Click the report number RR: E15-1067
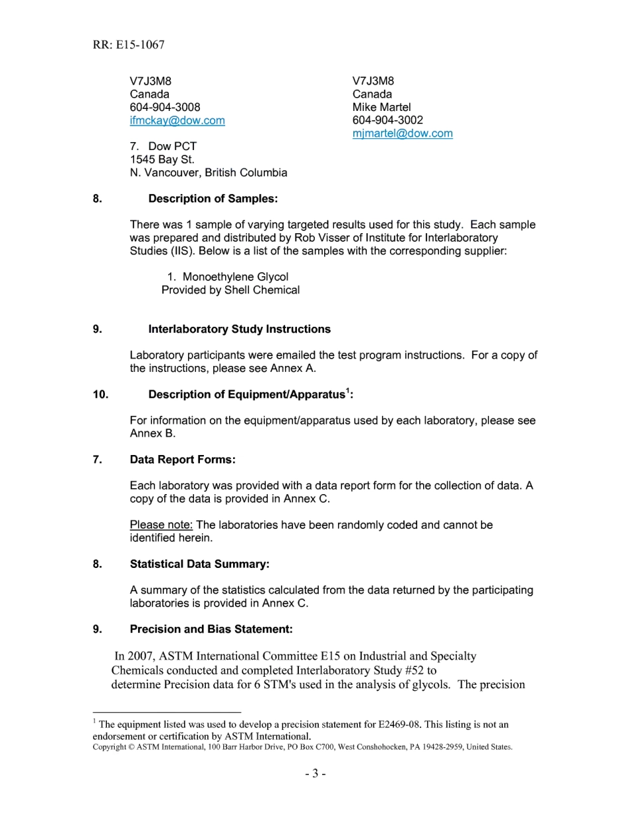[x=129, y=45]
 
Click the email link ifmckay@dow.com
[x=177, y=120]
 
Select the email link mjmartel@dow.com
[x=403, y=133]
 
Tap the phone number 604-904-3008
[x=165, y=107]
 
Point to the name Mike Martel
[x=381, y=107]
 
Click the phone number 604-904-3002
[x=387, y=120]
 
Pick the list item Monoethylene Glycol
[x=235, y=277]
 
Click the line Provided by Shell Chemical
[x=230, y=290]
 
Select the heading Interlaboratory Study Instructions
[x=239, y=329]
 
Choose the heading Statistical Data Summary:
[x=199, y=564]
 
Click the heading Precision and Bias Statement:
[x=211, y=629]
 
